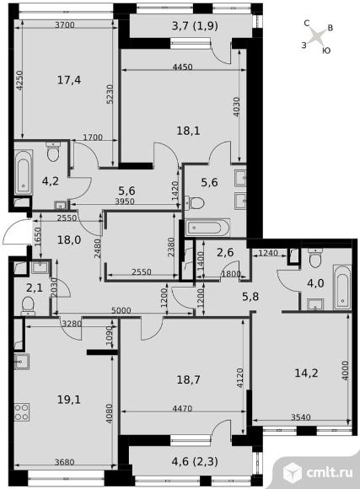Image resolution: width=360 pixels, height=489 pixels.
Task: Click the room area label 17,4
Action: click(69, 80)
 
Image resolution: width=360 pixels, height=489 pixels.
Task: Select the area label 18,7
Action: click(188, 380)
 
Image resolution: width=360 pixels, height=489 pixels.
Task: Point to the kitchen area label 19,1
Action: click(69, 400)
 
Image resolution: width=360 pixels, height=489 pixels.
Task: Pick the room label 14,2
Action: click(306, 373)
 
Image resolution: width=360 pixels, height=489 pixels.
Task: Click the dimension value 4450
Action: click(182, 67)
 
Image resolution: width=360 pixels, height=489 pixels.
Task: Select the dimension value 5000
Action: click(121, 310)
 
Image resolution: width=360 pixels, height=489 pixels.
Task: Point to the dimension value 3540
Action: click(301, 417)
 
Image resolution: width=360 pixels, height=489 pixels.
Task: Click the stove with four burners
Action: click(22, 412)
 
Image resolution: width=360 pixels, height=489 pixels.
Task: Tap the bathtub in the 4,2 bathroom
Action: click(24, 173)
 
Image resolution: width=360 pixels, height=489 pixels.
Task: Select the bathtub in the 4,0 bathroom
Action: click(342, 287)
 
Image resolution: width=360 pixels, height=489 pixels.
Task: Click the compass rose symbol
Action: click(318, 36)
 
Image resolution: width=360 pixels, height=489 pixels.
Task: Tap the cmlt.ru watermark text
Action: click(330, 473)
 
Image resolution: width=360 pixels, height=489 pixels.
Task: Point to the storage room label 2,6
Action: click(226, 252)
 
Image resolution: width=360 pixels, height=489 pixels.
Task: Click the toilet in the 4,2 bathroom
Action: click(53, 152)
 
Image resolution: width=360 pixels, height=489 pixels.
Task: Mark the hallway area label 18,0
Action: click(69, 240)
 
